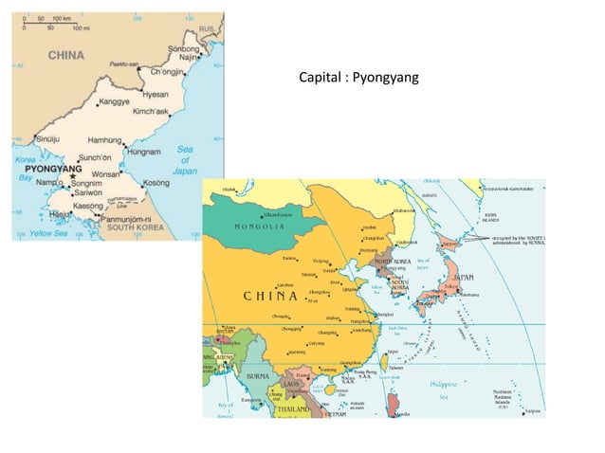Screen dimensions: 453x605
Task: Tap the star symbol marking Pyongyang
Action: (71, 177)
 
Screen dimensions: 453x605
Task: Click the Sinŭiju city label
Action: (34, 138)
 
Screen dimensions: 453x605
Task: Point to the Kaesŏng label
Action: (88, 206)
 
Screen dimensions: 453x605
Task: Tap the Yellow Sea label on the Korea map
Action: (47, 232)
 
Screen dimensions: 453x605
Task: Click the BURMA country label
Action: (259, 376)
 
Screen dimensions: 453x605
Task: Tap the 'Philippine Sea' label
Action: (445, 390)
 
